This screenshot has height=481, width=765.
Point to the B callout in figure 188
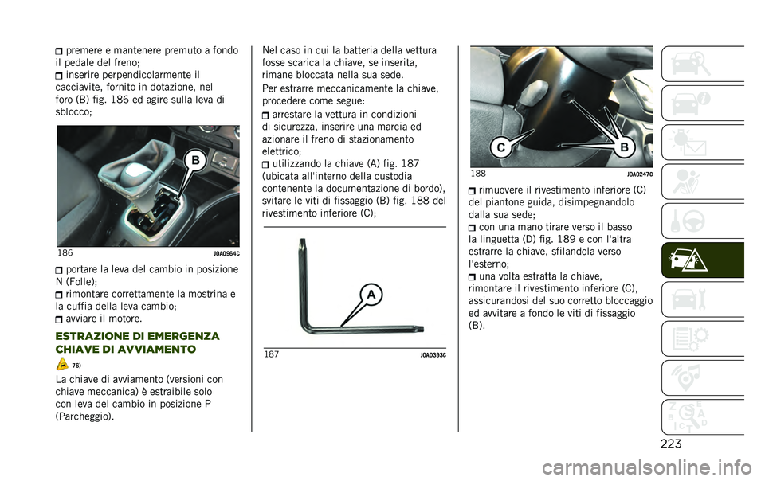(623, 147)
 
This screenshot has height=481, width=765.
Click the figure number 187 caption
(272, 354)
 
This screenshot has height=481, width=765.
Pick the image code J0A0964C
(226, 253)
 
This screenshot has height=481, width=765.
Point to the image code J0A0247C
(639, 174)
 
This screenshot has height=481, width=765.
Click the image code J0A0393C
(433, 354)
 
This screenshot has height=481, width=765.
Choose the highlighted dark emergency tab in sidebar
(702, 260)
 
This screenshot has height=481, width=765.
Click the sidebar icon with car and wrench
(702, 300)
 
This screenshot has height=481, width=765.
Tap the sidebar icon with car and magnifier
(702, 64)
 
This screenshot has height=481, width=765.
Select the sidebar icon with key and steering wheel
(702, 221)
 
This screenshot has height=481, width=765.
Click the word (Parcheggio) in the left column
(84, 416)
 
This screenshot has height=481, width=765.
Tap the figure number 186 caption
(65, 253)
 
